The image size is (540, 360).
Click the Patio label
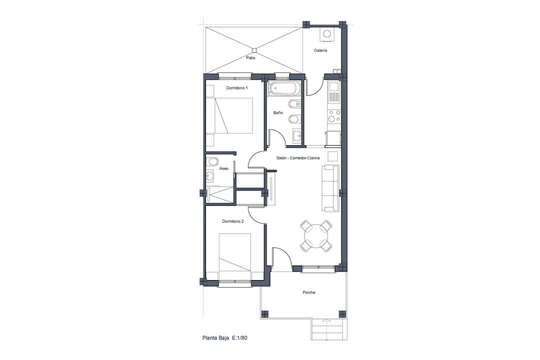pos(250,58)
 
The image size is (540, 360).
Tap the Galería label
pos(320,50)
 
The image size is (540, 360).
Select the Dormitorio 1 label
pos(237,88)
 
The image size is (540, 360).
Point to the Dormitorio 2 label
pos(233,221)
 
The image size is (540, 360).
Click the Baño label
pos(278,112)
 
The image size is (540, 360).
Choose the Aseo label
pos(224,168)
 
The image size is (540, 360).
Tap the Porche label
pos(309,292)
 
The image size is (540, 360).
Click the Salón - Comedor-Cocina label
pos(298,158)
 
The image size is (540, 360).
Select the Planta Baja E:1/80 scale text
pos(225,338)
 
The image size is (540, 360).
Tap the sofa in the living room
pos(331,188)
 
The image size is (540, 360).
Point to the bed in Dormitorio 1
pos(229,115)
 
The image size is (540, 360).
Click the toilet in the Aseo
pos(212,162)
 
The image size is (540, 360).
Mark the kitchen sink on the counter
pos(333,92)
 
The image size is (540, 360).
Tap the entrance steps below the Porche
pos(329,328)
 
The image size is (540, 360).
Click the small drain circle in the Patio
pos(254,50)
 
